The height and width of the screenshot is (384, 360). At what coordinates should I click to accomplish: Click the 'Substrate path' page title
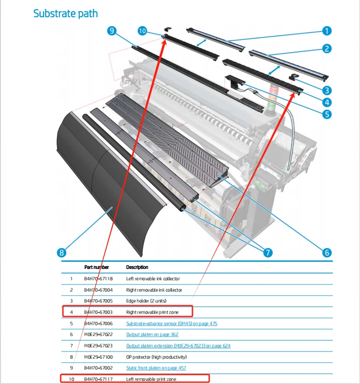tap(65, 14)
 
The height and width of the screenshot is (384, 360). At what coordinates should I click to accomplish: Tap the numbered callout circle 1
tap(326, 31)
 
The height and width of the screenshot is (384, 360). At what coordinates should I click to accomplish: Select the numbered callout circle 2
tap(326, 48)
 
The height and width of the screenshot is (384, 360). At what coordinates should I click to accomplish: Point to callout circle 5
tap(326, 114)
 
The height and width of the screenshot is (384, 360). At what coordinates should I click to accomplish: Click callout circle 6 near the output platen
tap(326, 252)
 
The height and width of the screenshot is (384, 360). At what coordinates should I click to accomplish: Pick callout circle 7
tap(268, 252)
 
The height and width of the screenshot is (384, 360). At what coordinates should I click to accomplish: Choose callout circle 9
tap(112, 31)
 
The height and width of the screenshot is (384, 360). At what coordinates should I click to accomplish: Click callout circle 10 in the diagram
tap(142, 31)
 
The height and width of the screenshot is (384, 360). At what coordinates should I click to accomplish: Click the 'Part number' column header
tap(96, 267)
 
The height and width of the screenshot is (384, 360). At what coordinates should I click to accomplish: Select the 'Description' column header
tap(137, 267)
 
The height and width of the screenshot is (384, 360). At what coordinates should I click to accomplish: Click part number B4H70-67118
tap(98, 279)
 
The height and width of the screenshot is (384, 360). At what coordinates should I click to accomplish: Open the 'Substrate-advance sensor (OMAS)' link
tap(172, 323)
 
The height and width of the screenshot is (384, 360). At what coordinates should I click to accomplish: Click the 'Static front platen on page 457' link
tap(156, 368)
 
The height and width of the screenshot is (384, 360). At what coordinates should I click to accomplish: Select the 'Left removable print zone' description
tap(151, 379)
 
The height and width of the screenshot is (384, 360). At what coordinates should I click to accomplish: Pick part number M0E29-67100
tap(98, 357)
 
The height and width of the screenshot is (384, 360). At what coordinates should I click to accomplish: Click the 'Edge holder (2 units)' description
tap(147, 301)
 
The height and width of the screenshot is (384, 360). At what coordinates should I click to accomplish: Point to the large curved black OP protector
tap(95, 181)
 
